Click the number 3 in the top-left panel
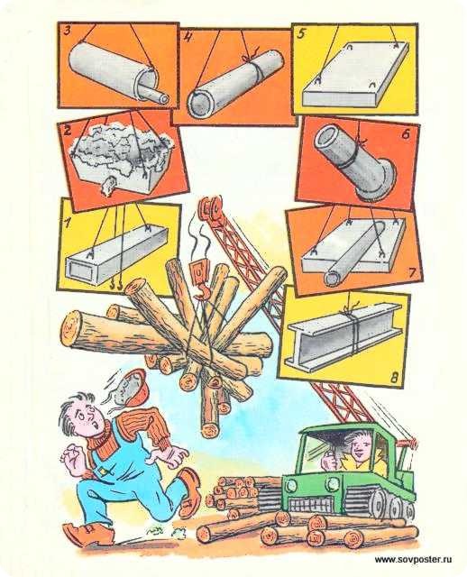68,31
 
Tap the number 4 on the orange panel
188,38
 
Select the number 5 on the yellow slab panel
301,34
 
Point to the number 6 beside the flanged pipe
405,134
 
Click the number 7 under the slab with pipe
412,272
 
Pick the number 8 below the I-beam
395,377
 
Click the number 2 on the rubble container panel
67,131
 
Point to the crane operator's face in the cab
358,447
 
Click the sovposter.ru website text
413,560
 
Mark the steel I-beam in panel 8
345,336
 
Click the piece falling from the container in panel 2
108,186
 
